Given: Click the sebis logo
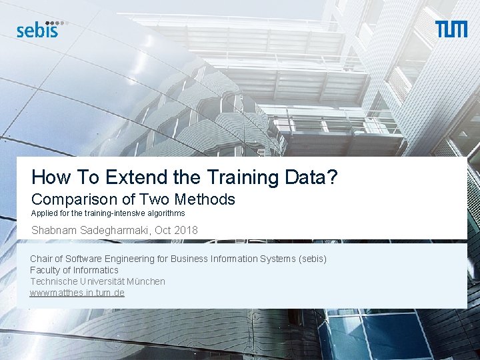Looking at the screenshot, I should (x=39, y=29).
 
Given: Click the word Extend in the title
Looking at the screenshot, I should (x=132, y=177).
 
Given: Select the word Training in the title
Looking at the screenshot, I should (x=244, y=177).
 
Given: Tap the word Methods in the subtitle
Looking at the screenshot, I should (x=205, y=199).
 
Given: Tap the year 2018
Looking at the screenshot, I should (x=185, y=231).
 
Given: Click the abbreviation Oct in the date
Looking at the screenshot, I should (x=163, y=231).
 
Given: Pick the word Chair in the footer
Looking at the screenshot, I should (x=41, y=259).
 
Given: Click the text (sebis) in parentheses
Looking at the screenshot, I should (x=313, y=259).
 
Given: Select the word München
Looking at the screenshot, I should (x=145, y=281).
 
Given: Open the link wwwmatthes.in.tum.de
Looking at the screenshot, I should (x=77, y=293).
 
